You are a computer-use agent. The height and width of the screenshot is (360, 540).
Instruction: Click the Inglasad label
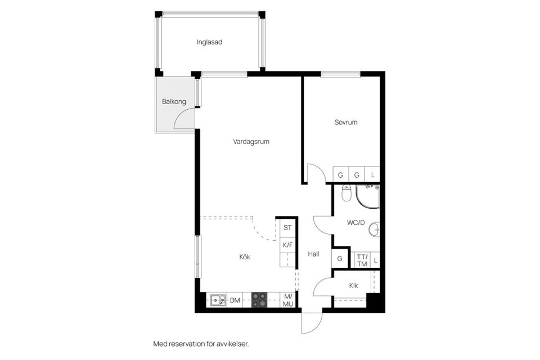tap(209, 42)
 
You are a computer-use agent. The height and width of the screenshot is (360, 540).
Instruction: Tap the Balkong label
tap(174, 102)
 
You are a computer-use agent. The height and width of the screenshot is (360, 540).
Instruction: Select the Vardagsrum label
tap(251, 142)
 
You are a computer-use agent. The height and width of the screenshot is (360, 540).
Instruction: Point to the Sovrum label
tap(346, 122)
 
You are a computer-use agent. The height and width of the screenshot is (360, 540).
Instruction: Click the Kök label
tap(244, 256)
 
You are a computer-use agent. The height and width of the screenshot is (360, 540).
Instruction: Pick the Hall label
tap(313, 254)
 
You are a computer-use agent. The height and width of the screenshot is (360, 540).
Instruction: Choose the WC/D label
tap(355, 223)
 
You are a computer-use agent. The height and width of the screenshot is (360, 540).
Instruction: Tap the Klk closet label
tap(353, 286)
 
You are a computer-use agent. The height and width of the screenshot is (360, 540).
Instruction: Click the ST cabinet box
tap(287, 228)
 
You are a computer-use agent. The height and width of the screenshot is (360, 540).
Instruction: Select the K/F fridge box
tap(287, 245)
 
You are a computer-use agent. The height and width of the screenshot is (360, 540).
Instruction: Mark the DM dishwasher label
tap(235, 301)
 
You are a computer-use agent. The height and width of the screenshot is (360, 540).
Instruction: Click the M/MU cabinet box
tap(288, 300)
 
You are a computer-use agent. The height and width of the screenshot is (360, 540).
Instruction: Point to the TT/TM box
tap(362, 260)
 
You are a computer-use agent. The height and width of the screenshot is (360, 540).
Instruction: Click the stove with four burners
tap(259, 300)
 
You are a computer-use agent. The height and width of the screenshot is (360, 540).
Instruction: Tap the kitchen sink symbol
tap(218, 300)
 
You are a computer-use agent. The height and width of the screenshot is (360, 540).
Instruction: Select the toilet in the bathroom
tap(346, 193)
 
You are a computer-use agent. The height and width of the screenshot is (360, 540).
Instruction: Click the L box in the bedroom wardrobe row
tap(372, 175)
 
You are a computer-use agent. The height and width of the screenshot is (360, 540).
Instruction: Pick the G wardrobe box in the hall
tap(340, 259)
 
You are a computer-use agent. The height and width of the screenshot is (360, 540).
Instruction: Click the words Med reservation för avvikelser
tap(201, 343)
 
